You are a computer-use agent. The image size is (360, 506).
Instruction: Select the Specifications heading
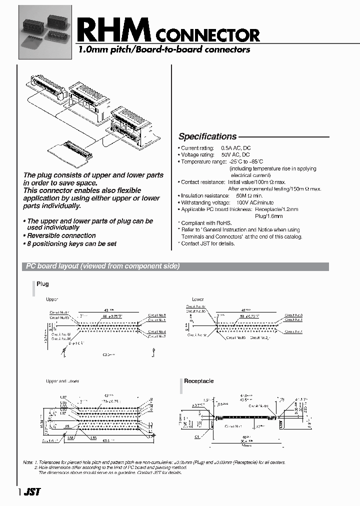tap(207, 136)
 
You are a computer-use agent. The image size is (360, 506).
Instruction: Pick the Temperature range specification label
tap(203, 162)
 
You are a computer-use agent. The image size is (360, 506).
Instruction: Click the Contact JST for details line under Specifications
tap(207, 243)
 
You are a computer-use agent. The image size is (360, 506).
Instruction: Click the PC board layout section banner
tap(102, 266)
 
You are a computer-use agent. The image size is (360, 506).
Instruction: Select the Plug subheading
tap(42, 284)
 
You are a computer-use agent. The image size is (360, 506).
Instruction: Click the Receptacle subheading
tap(198, 381)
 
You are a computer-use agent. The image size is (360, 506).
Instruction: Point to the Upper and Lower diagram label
tap(62, 381)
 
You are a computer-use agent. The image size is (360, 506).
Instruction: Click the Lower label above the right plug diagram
tap(197, 299)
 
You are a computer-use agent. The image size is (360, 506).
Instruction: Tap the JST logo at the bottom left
tap(32, 492)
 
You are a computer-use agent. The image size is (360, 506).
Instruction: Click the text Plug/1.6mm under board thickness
tap(268, 216)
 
